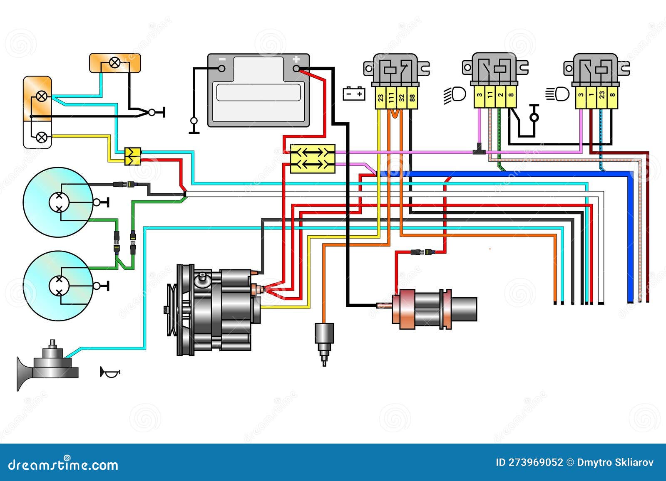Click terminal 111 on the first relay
click(391, 98)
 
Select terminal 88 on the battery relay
click(412, 98)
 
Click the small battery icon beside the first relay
click(354, 94)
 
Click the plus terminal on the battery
click(296, 69)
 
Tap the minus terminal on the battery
click(222, 69)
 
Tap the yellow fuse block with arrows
click(312, 158)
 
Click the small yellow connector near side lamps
click(133, 156)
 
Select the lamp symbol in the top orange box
click(115, 63)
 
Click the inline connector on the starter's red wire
click(422, 252)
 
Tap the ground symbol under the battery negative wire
click(194, 125)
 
